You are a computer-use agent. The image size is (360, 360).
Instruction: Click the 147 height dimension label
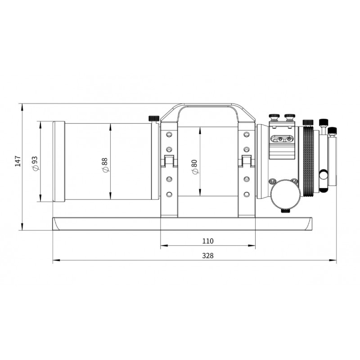[x=18, y=161]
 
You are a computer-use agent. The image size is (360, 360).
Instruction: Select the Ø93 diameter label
[x=35, y=163]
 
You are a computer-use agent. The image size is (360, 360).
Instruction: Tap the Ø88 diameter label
[x=105, y=165]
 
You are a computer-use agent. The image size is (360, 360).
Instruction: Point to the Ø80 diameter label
[x=194, y=166]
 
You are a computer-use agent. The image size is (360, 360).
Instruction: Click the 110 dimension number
[x=208, y=241]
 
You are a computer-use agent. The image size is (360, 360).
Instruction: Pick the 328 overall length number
[x=208, y=256]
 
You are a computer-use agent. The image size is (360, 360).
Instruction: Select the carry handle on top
[x=208, y=113]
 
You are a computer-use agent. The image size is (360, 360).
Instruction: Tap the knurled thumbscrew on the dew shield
[x=154, y=119]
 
